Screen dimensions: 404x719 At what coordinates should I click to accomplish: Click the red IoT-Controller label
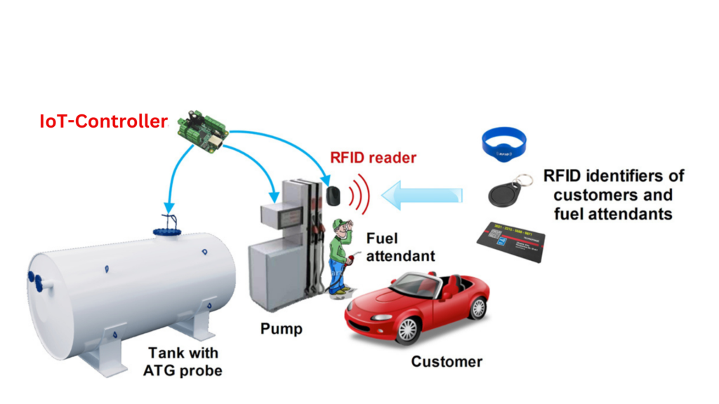click(103, 121)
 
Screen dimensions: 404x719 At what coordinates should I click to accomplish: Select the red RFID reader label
click(373, 158)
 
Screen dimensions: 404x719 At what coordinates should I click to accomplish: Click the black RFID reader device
click(334, 195)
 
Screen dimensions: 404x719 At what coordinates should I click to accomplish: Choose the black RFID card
click(510, 242)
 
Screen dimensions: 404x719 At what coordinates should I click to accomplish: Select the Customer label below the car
click(447, 362)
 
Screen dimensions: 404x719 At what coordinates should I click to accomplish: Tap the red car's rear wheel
click(478, 306)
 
